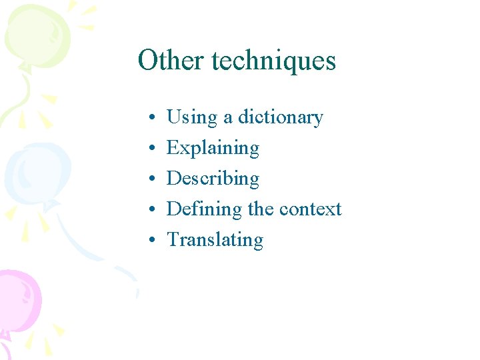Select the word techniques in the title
(x=273, y=61)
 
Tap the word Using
(x=192, y=118)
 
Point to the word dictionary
(x=280, y=118)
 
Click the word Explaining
(x=213, y=148)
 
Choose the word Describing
(x=213, y=179)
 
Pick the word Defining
(x=204, y=209)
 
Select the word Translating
(x=215, y=240)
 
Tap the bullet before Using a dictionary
(x=153, y=119)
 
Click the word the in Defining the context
(x=261, y=209)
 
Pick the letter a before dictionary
(x=227, y=119)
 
